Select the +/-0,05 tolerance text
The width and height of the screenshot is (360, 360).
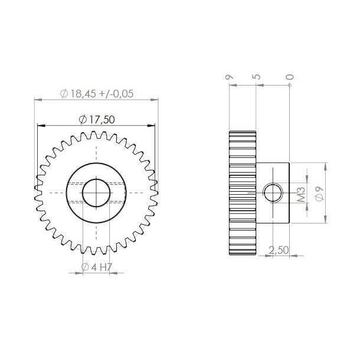click(119, 93)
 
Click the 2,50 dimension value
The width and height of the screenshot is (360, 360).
click(279, 250)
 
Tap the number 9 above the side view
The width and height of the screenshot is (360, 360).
click(228, 77)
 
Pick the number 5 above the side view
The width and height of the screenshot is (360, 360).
click(256, 77)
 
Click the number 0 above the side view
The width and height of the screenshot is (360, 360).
click(289, 77)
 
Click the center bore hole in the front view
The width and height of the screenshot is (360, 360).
click(96, 192)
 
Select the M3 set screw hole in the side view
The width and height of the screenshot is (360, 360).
click(272, 192)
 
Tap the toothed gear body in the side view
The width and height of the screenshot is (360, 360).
click(241, 192)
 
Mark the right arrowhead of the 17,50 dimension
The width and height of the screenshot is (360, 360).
click(154, 125)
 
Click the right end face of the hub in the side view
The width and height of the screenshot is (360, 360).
click(289, 192)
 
